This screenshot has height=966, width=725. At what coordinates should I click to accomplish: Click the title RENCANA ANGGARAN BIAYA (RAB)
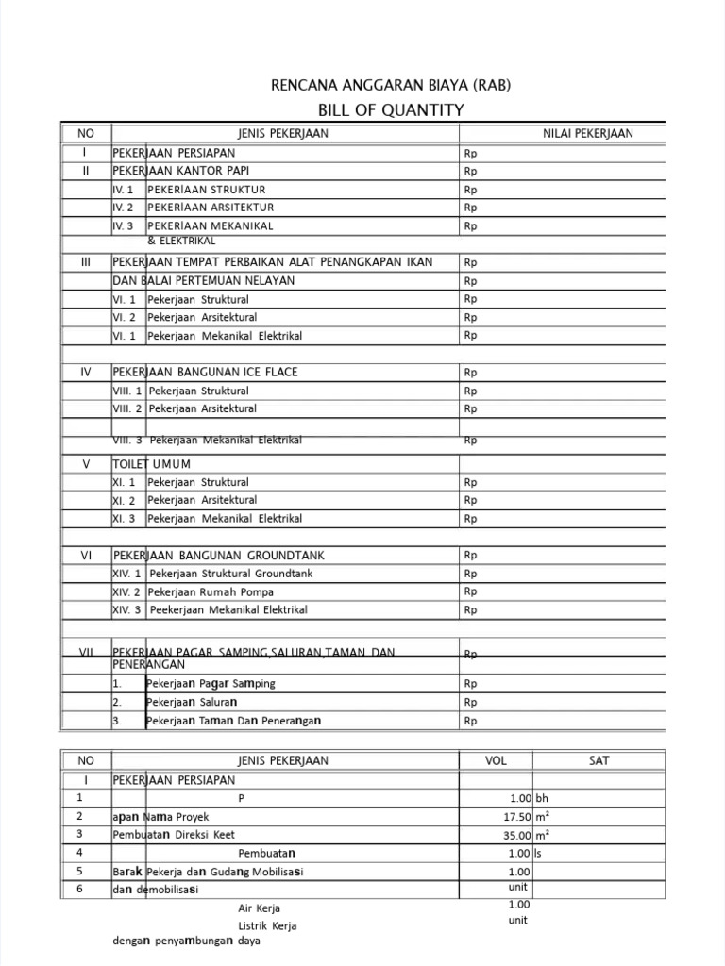coord(391,86)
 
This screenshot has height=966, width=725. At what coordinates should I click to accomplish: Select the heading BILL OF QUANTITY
coord(391,110)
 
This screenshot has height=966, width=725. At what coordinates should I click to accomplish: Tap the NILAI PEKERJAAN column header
coord(587,134)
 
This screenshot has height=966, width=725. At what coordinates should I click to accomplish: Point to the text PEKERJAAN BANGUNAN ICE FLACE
coord(205,372)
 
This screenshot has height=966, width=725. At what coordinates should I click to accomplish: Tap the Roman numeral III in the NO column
coord(85,262)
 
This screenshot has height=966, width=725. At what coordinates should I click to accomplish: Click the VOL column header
coord(496,760)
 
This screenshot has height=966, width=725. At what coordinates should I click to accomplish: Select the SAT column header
coord(599,760)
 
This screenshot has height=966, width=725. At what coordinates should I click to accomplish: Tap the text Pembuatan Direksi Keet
coord(173,835)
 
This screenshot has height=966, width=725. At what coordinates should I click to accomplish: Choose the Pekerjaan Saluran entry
coord(193,703)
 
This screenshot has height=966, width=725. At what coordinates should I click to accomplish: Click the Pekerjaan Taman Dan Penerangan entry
coord(234,721)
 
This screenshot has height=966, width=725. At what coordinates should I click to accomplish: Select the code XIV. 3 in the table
coord(126,610)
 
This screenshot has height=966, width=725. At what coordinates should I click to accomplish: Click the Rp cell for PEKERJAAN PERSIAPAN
coord(471,153)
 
